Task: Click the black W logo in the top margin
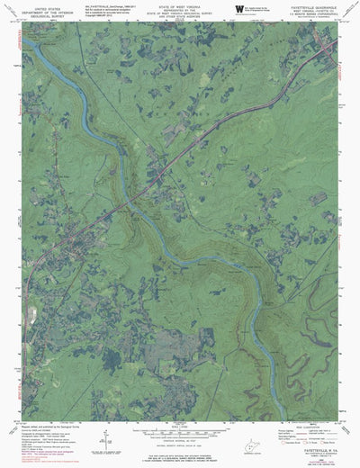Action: (238, 10)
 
